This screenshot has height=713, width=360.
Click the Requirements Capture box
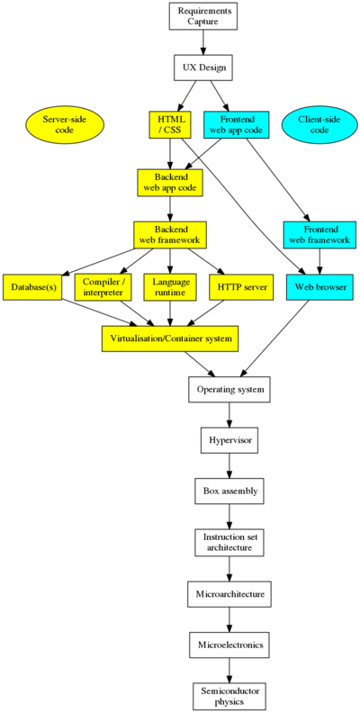coord(202,16)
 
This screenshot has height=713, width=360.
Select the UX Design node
coord(203,68)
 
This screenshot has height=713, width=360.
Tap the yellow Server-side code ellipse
coord(65,123)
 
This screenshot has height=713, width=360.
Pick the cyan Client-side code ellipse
coord(319,123)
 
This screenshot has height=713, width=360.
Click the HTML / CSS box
coord(170,124)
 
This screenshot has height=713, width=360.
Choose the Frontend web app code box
coord(237,124)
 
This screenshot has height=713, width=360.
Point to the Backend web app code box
coord(170,183)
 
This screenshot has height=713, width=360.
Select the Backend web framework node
coord(170,235)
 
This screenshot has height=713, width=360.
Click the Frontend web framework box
coord(319,235)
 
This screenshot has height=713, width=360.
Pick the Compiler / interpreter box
coord(103,287)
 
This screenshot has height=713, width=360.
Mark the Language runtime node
coord(170,287)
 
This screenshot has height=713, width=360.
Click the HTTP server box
coord(241,287)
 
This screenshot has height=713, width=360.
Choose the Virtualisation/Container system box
coord(170,338)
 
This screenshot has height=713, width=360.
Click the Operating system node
coord(229,389)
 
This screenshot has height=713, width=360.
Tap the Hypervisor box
coord(229,440)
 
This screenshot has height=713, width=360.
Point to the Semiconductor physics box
coord(229,696)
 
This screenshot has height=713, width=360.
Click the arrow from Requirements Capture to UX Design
coord(203,42)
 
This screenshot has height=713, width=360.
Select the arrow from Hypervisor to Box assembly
coord(229,465)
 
